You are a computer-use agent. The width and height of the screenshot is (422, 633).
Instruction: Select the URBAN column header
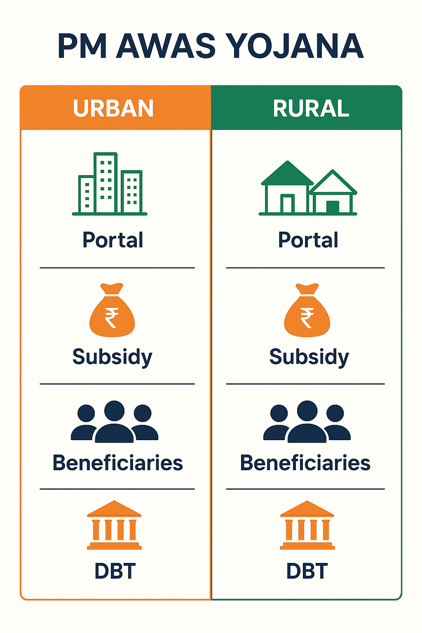tap(113, 108)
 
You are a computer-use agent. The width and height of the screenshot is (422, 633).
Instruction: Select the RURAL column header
tap(311, 108)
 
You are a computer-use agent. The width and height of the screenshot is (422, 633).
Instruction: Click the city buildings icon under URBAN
tap(110, 184)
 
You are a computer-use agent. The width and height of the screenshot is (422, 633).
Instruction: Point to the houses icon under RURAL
tap(308, 188)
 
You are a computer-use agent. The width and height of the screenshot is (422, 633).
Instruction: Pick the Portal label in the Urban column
tap(113, 240)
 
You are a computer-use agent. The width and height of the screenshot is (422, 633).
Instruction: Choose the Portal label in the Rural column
tap(308, 240)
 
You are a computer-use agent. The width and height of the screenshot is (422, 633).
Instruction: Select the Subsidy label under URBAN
tap(113, 357)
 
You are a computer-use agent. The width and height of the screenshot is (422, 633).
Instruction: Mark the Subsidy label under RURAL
tap(309, 357)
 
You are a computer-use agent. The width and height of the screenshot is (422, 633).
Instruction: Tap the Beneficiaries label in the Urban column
tap(117, 463)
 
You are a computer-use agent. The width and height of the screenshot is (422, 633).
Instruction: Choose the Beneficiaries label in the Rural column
tap(305, 463)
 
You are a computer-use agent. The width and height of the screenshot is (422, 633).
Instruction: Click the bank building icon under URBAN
tap(114, 525)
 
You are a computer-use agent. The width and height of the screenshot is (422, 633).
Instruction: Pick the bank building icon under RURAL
tap(307, 525)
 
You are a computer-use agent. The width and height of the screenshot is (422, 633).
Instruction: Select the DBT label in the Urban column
tap(115, 571)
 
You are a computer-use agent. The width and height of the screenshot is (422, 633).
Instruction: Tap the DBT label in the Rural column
tap(307, 571)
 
